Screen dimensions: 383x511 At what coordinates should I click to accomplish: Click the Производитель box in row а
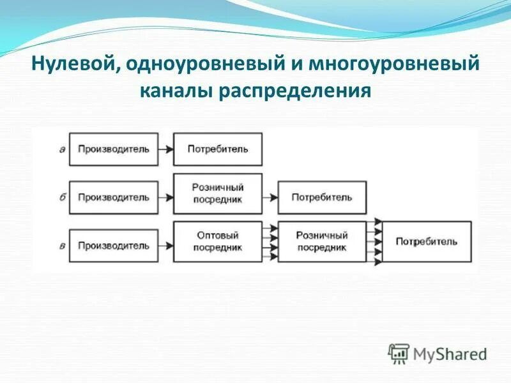click(113, 149)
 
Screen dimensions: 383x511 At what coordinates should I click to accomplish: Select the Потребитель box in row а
click(217, 149)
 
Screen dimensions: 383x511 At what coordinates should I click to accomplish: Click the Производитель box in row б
click(113, 197)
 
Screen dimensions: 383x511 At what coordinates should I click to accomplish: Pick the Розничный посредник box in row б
click(217, 193)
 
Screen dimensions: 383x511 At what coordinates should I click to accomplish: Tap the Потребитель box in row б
click(322, 197)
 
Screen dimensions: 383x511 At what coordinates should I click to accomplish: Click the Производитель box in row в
click(113, 245)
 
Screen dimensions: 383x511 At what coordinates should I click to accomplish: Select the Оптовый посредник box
click(217, 241)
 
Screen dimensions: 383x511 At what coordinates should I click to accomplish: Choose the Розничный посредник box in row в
click(322, 241)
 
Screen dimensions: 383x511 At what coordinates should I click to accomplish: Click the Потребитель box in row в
click(426, 241)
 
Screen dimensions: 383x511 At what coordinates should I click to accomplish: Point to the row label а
click(61, 149)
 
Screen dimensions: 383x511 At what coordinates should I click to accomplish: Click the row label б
click(62, 197)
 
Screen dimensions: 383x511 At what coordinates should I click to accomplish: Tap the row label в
click(62, 245)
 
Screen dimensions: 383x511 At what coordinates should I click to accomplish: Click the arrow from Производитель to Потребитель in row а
click(165, 149)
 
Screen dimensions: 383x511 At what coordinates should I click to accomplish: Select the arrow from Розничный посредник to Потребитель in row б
click(270, 197)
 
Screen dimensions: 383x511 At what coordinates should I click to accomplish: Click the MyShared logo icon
click(399, 353)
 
